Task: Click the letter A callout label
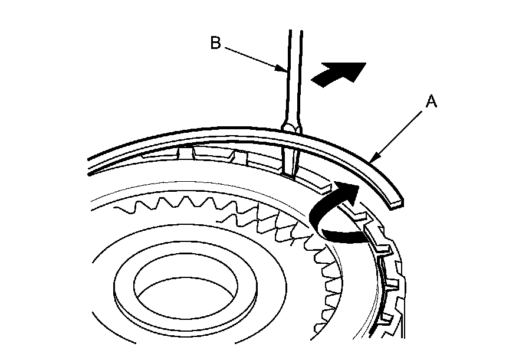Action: (x=431, y=102)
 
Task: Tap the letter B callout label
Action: (x=215, y=43)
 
